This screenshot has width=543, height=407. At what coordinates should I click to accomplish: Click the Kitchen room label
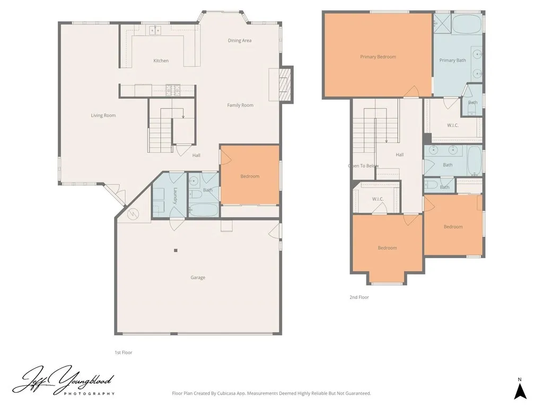click(161, 61)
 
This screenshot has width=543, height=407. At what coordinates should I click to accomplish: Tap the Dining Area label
click(240, 41)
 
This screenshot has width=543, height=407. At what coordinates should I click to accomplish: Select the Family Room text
click(240, 105)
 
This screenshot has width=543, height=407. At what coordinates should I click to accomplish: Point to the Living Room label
click(103, 116)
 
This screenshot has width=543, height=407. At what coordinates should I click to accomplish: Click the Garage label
click(198, 278)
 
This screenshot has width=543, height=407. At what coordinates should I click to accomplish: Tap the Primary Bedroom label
click(378, 57)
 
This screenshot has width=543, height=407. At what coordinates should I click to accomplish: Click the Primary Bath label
click(452, 60)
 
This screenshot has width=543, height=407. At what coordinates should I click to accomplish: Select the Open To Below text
click(363, 166)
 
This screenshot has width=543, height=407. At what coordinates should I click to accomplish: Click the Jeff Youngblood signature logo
click(64, 381)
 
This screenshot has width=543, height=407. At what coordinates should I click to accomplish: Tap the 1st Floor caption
click(123, 352)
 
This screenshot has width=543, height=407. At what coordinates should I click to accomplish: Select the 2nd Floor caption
click(359, 298)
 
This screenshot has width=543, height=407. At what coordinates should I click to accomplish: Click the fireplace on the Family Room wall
click(285, 84)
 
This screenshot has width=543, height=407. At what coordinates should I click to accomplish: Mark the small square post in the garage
click(176, 250)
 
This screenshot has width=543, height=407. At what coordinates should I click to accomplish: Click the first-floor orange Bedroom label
click(250, 176)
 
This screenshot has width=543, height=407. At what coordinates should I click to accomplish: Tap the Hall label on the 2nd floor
click(399, 155)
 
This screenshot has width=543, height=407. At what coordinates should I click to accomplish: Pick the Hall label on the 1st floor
click(196, 155)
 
